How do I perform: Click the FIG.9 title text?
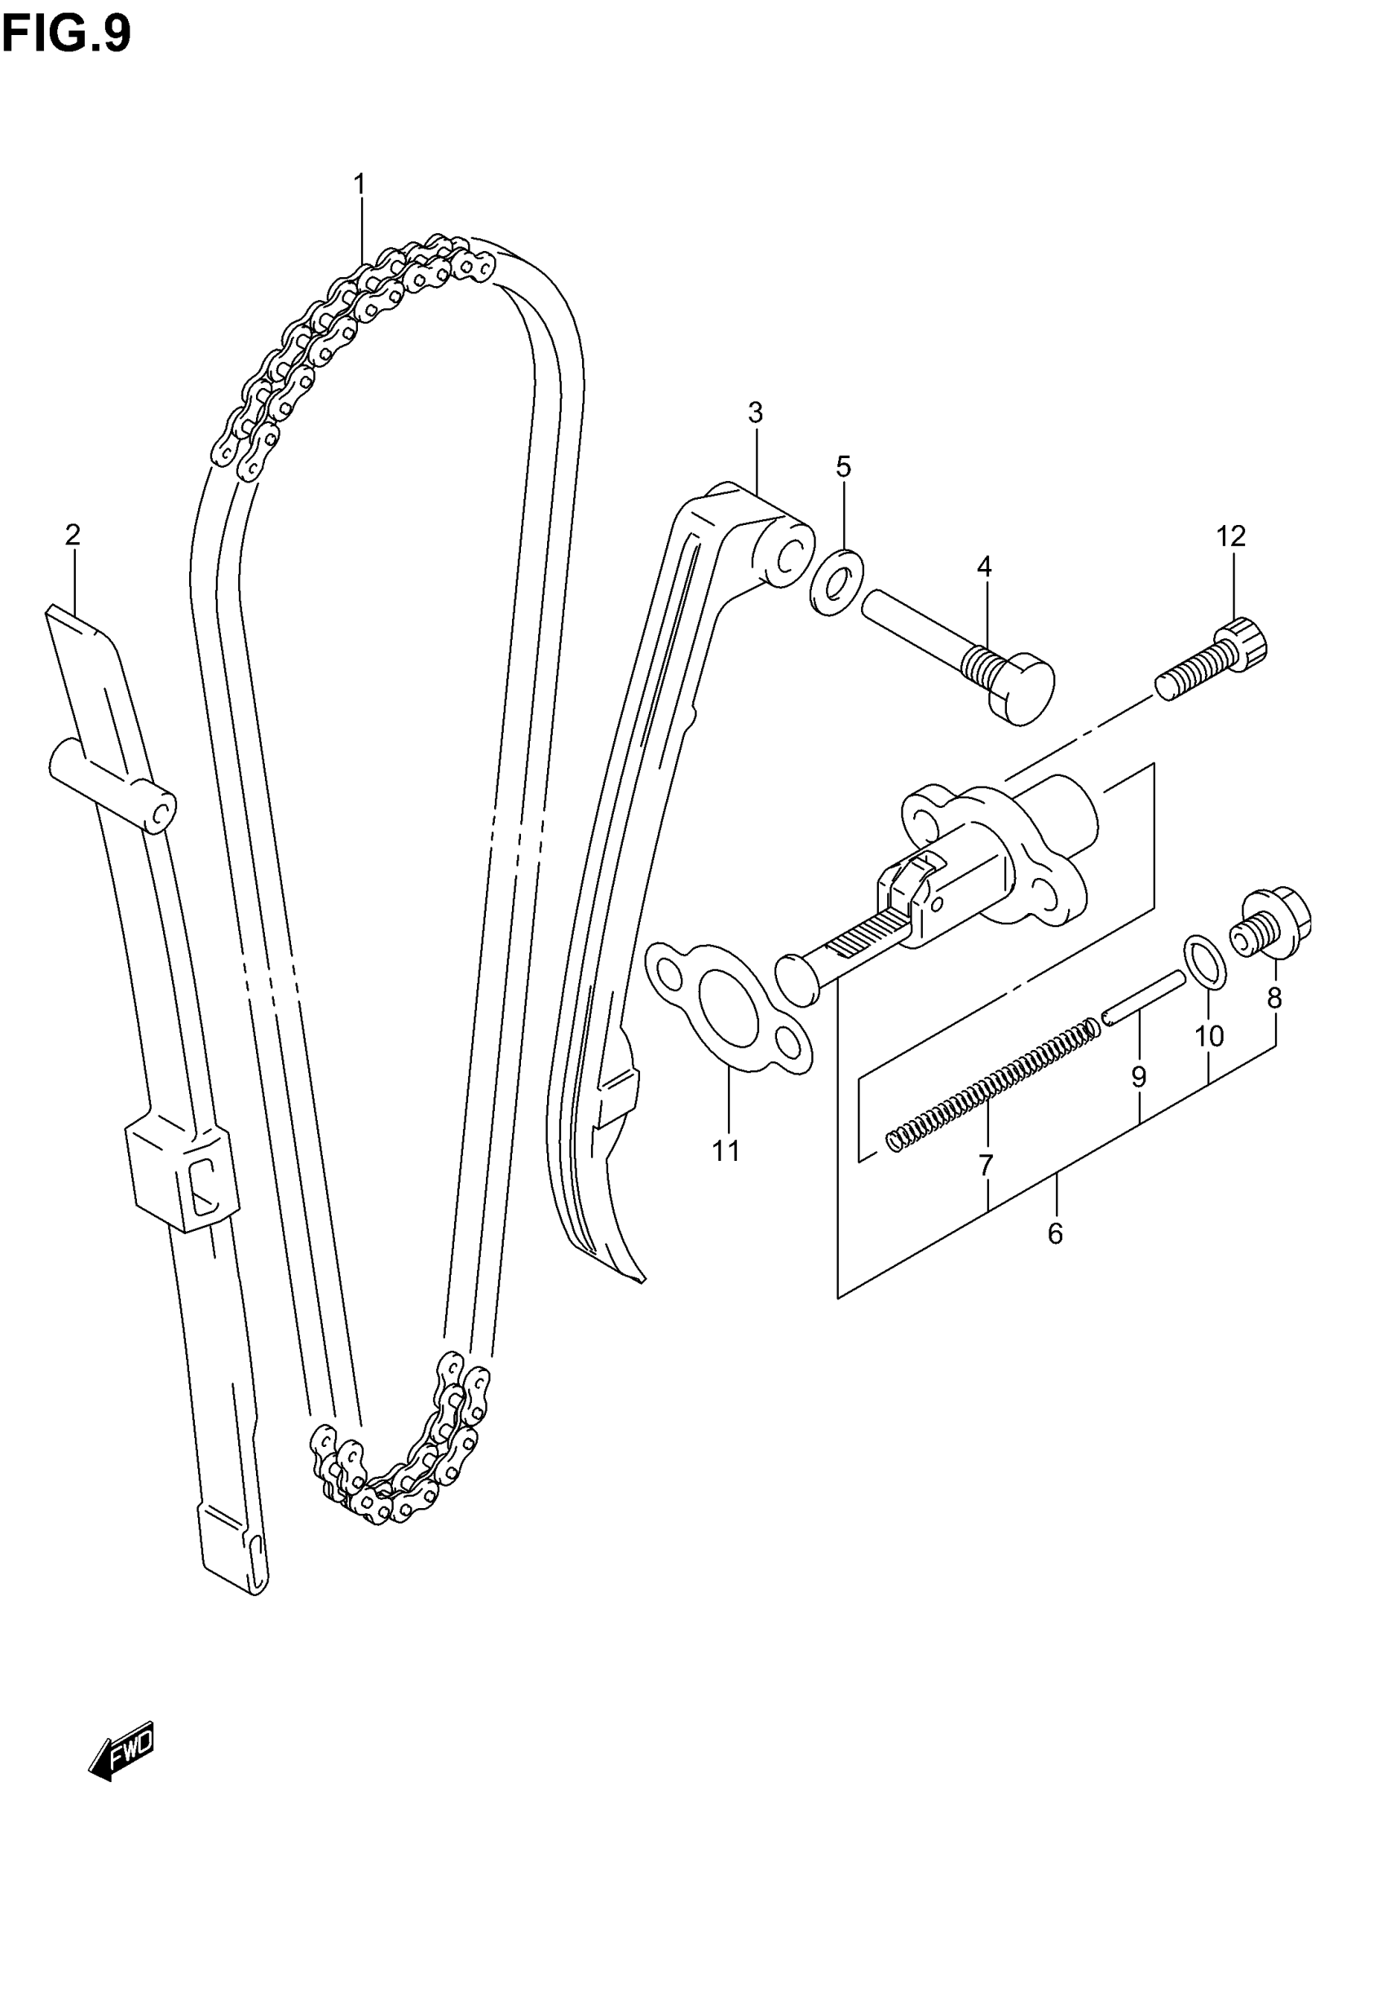(66, 35)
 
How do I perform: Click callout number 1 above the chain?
(359, 185)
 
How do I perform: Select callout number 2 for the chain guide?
(72, 535)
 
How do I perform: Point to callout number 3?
(755, 413)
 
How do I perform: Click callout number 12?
(1230, 536)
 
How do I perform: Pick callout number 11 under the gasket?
(726, 1151)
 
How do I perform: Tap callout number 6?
(1055, 1233)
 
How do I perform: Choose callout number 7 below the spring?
(986, 1165)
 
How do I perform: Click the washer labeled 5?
(836, 581)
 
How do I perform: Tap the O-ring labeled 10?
(1205, 963)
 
